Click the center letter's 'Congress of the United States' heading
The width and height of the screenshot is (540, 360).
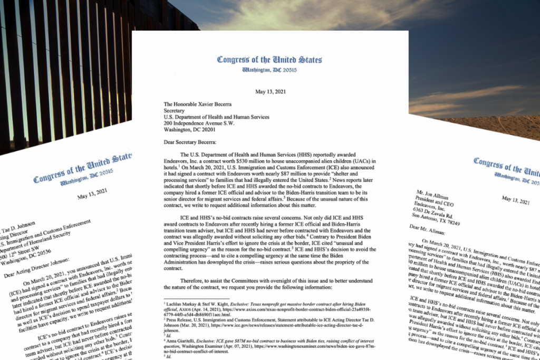pyautogui.click(x=269, y=59)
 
